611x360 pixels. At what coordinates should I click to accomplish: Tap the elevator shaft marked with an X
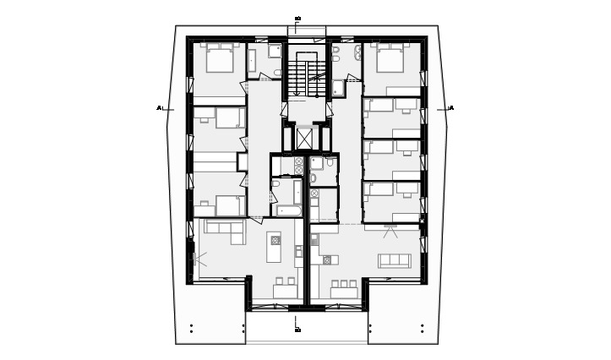tap(304, 137)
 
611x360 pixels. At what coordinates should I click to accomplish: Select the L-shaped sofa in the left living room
tap(223, 229)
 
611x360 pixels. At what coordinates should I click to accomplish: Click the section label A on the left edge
tap(159, 108)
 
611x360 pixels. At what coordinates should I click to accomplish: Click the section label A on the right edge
tap(451, 108)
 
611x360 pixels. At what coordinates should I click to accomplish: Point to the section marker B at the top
tap(297, 19)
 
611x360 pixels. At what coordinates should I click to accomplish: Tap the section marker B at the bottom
tap(297, 330)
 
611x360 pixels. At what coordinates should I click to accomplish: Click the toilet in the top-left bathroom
tap(276, 74)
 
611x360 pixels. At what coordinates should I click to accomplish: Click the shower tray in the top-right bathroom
tap(338, 86)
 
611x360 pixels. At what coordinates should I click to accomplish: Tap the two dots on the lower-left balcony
tap(192, 328)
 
